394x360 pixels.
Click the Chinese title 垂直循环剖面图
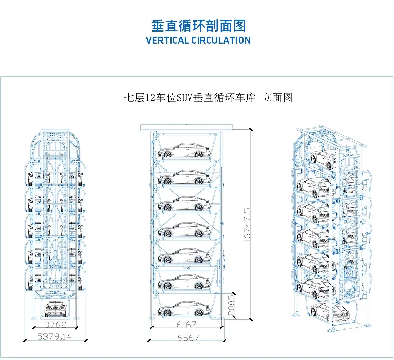pyautogui.click(x=198, y=26)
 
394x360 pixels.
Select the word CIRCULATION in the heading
pyautogui.click(x=221, y=40)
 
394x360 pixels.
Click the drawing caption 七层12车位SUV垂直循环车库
pyautogui.click(x=189, y=98)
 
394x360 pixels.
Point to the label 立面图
pyautogui.click(x=277, y=98)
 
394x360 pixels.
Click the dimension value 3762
pyautogui.click(x=55, y=324)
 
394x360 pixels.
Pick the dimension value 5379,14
pyautogui.click(x=54, y=337)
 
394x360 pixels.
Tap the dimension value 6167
pyautogui.click(x=186, y=324)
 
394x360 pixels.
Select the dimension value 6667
pyautogui.click(x=188, y=338)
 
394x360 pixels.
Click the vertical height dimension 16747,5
pyautogui.click(x=247, y=225)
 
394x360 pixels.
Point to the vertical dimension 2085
pyautogui.click(x=231, y=305)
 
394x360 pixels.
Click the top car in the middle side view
pyautogui.click(x=184, y=151)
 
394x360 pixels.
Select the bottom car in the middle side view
pyautogui.click(x=184, y=309)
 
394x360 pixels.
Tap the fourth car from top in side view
pyautogui.click(x=184, y=229)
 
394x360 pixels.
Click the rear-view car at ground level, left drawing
pyautogui.click(x=55, y=308)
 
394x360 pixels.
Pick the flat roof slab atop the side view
pyautogui.click(x=187, y=127)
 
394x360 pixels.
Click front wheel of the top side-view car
pyautogui.click(x=168, y=154)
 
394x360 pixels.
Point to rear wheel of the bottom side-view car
pyautogui.click(x=198, y=312)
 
